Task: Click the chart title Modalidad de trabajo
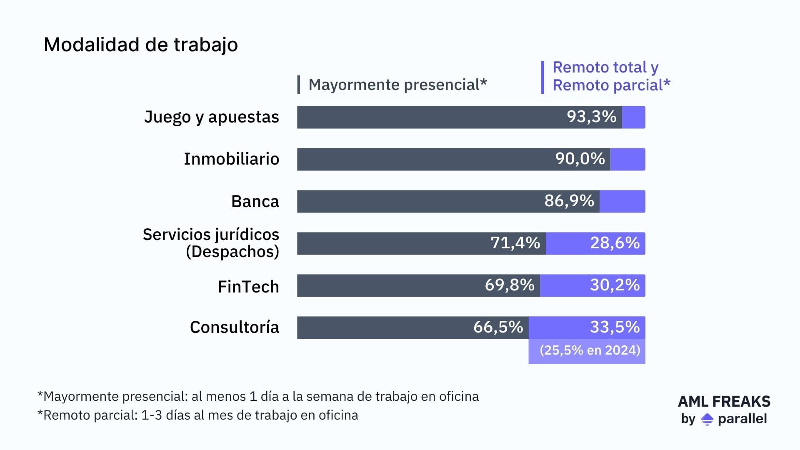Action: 140,45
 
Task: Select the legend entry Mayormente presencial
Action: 397,85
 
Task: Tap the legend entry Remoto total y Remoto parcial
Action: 611,76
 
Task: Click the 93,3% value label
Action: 591,117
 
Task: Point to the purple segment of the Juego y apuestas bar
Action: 633,117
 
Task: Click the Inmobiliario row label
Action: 231,159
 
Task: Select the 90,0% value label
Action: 580,159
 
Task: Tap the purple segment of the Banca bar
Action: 622,201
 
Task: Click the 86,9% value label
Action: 569,201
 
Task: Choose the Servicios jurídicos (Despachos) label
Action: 211,243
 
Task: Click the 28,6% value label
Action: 615,243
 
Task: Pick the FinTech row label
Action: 248,287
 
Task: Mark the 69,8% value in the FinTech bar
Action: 509,285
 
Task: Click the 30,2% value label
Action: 615,285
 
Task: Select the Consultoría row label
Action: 234,327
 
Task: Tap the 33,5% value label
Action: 615,327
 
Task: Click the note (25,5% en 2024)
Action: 589,350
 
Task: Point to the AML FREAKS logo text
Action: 724,401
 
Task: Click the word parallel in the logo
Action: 742,419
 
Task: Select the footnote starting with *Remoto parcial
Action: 197,415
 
